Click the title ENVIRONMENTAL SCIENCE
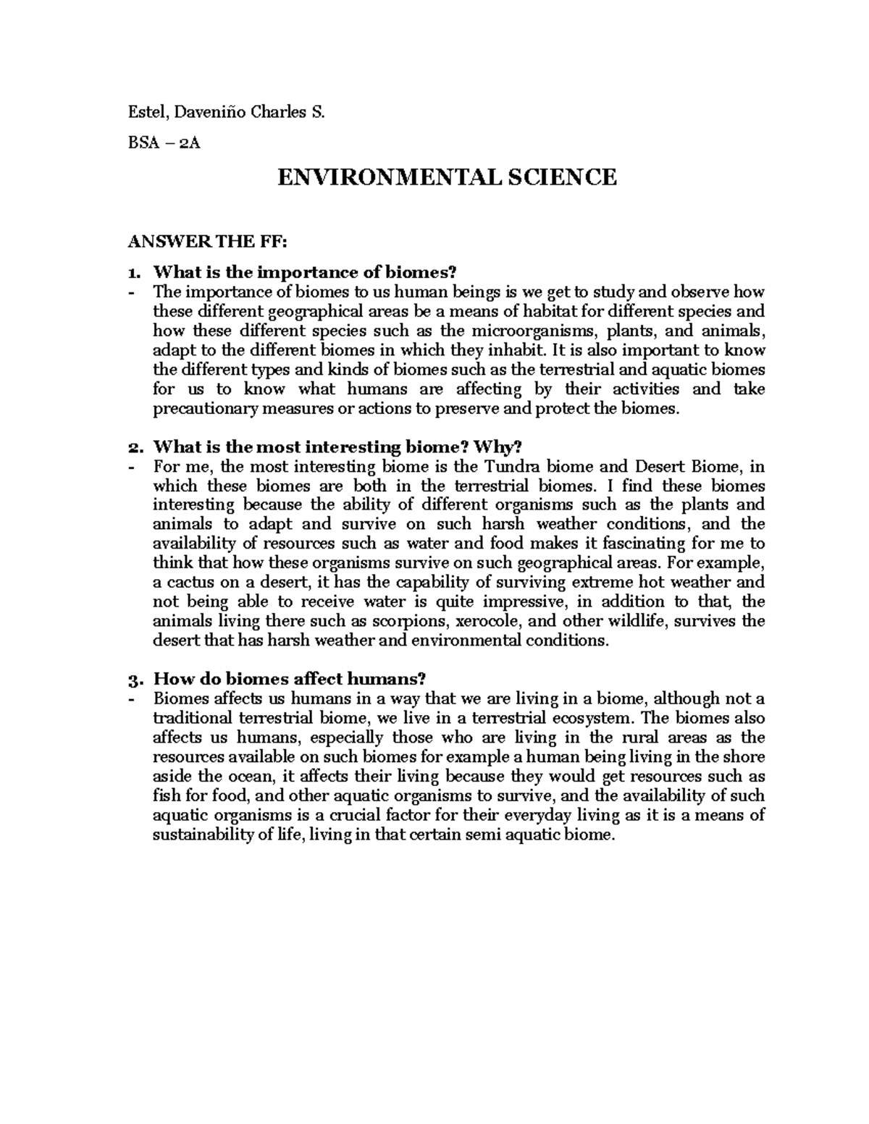448,177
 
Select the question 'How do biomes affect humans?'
290,680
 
